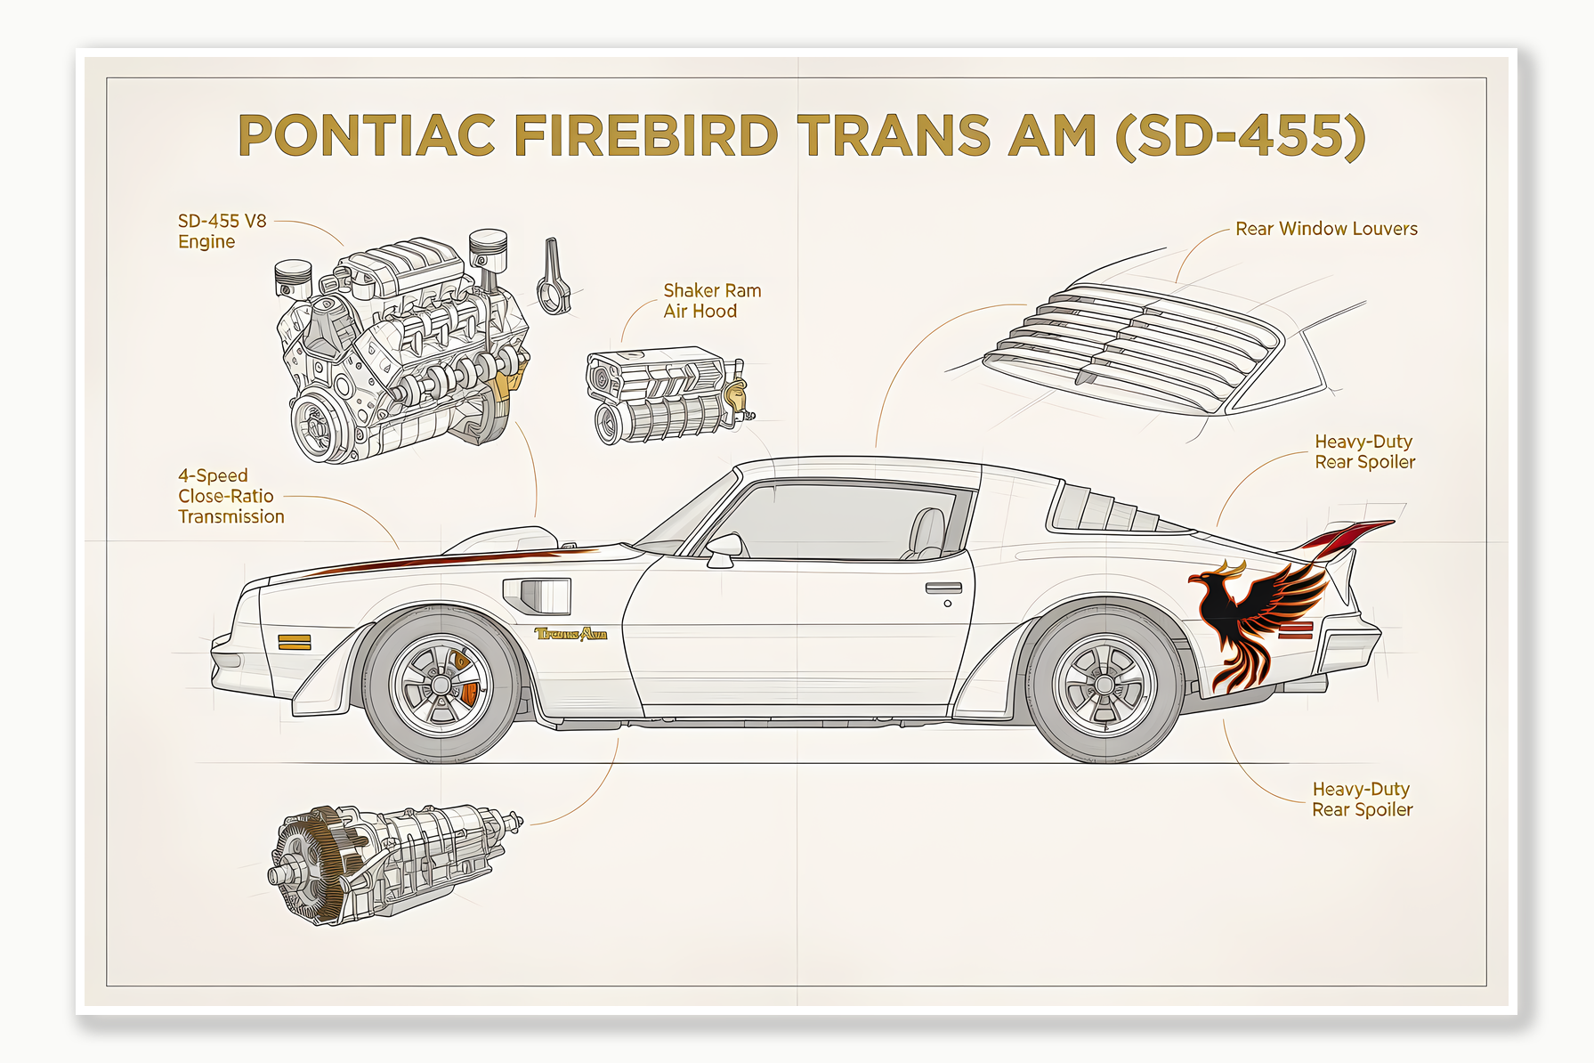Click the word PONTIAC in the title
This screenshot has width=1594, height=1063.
coord(366,136)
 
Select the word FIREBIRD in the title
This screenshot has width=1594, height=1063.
coord(646,136)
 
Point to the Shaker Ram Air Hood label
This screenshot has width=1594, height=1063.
coord(712,301)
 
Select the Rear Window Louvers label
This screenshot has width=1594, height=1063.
coord(1326,229)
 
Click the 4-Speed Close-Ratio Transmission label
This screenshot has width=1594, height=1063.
coord(231,496)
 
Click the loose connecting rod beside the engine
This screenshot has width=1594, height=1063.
coord(554,278)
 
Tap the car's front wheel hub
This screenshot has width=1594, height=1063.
coord(441,686)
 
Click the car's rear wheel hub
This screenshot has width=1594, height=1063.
coord(1104,685)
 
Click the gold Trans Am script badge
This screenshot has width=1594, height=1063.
coord(570,634)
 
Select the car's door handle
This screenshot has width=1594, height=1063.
coord(943,588)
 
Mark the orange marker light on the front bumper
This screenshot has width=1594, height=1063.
coord(294,642)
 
